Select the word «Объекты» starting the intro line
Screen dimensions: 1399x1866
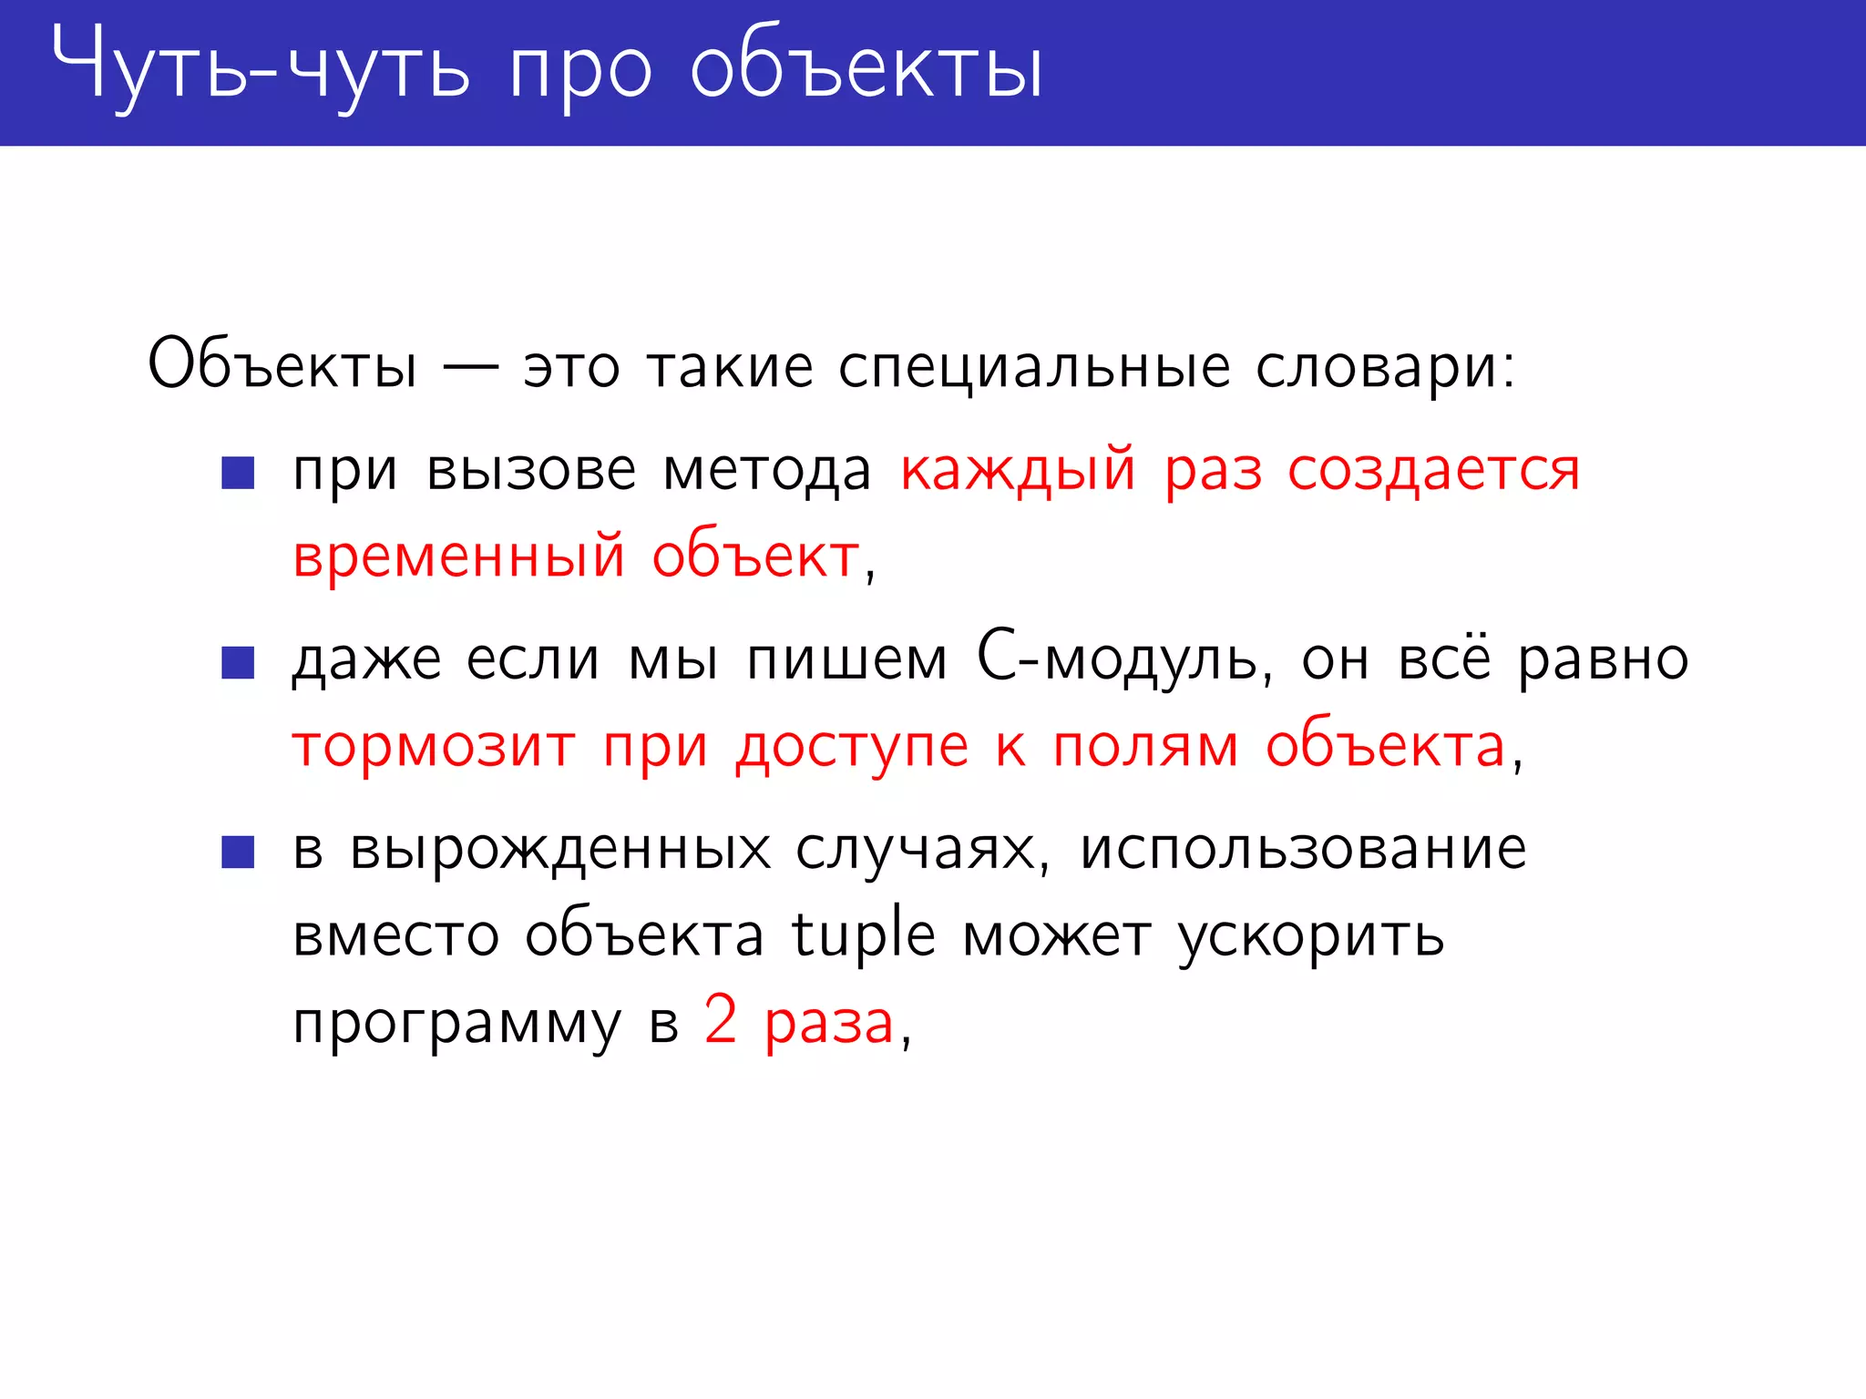coord(282,364)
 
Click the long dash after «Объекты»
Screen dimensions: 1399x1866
coord(470,367)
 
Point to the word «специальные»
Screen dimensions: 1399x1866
coord(1034,368)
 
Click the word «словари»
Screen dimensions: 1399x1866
coord(1385,368)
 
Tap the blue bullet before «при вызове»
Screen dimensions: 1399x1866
coord(238,473)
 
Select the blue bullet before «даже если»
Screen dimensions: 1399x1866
coord(238,662)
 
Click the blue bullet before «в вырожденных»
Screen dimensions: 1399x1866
coord(238,852)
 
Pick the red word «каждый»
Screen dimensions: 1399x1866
coord(1018,472)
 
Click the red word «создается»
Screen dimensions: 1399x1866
coord(1433,470)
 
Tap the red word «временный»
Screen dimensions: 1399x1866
coord(459,557)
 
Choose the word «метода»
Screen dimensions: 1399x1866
coord(767,472)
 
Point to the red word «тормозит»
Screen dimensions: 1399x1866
coord(434,747)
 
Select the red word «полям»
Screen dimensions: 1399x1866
coord(1145,747)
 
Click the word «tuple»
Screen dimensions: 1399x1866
coord(864,934)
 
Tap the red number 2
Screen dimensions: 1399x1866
coord(720,1020)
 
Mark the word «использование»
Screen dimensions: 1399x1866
coord(1303,849)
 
